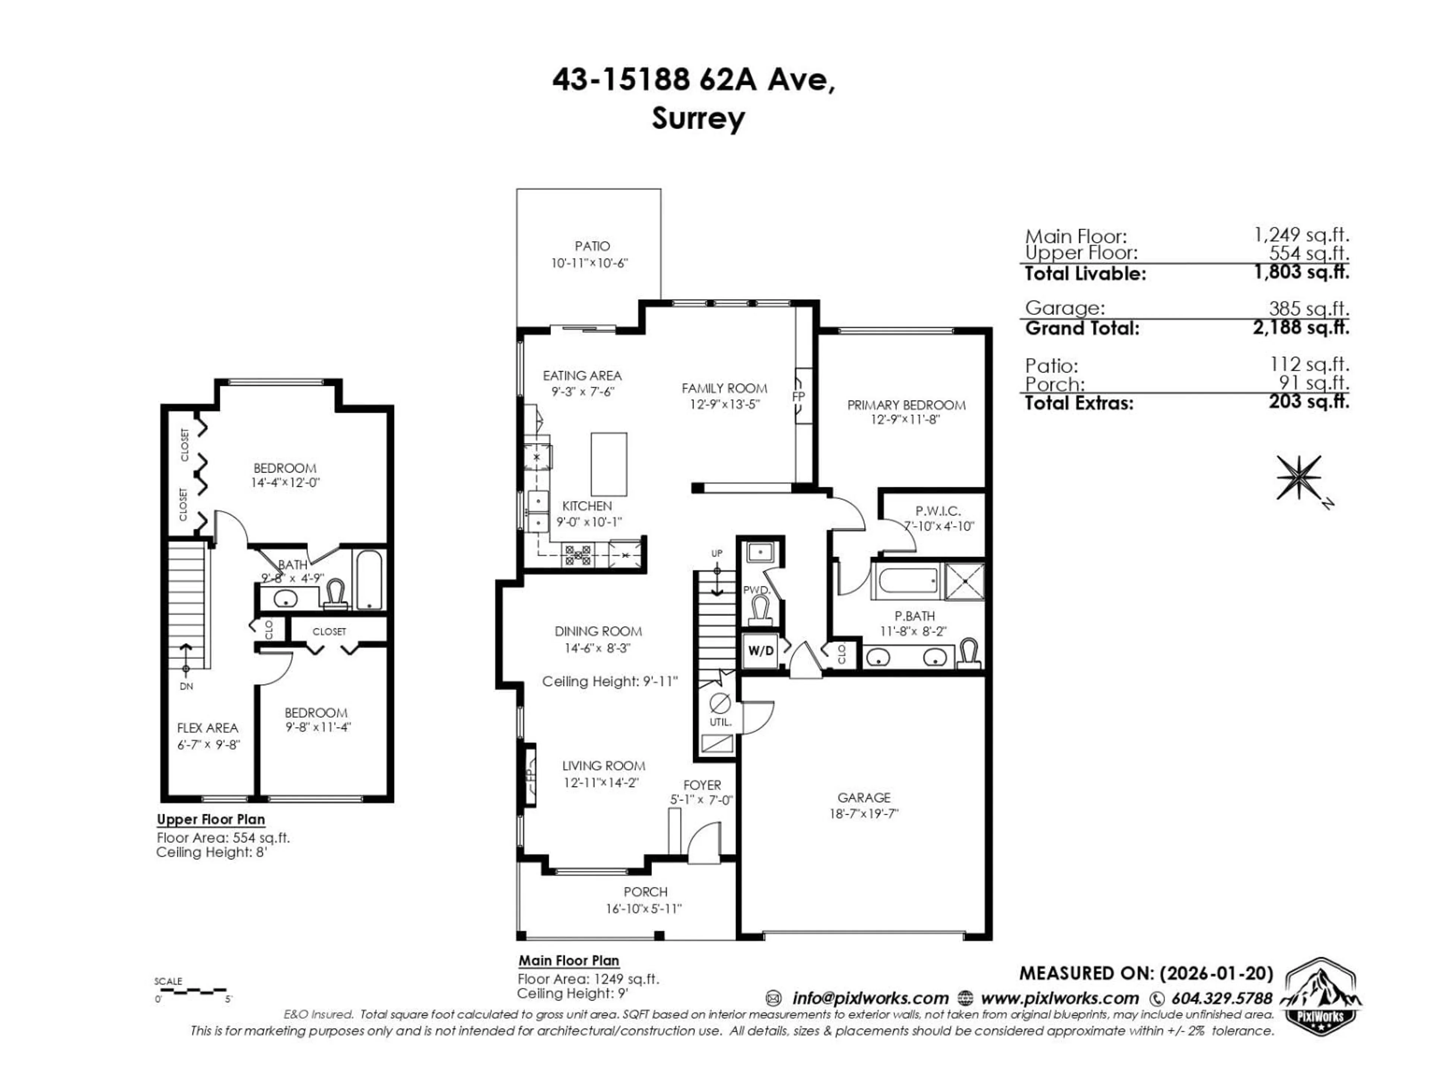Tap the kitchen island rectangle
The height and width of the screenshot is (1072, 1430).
tap(608, 464)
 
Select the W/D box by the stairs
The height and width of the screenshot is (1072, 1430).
tap(760, 651)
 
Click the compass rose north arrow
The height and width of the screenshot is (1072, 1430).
tap(1298, 478)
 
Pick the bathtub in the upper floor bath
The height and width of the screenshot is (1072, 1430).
tap(369, 580)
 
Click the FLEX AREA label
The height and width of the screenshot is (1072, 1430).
tap(207, 728)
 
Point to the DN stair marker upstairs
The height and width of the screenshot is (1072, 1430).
tap(186, 686)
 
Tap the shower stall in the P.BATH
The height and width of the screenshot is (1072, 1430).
tap(965, 581)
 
